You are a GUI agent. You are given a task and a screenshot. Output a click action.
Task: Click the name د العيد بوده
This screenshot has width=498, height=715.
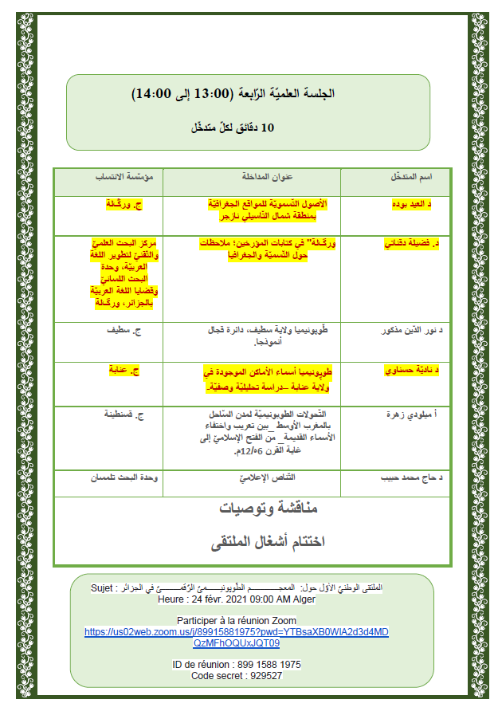point(408,205)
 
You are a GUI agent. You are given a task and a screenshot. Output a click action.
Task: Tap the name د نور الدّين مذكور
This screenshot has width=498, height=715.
point(398,330)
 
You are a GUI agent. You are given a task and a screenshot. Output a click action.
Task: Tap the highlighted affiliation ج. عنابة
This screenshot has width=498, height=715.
point(124,371)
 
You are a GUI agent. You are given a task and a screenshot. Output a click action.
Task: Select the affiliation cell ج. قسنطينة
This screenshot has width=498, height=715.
point(119,415)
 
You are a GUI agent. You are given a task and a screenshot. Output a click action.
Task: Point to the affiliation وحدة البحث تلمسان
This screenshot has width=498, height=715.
point(109,477)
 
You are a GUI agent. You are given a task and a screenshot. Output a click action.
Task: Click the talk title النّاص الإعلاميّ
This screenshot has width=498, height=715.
point(253,477)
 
